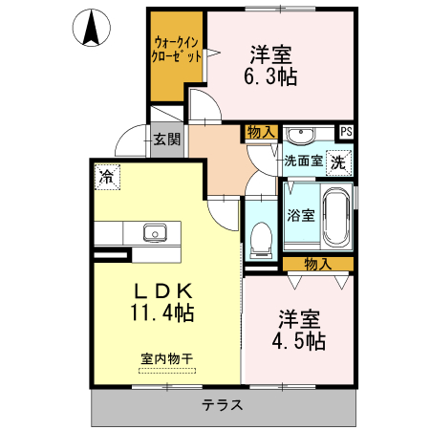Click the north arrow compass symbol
coord(92,28)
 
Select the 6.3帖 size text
coord(271,77)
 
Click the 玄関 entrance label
coord(166,140)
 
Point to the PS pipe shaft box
coord(346,132)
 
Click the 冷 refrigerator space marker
coord(106,175)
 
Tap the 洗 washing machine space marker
coord(338,162)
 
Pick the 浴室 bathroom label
coord(301,215)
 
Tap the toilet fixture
coord(260,238)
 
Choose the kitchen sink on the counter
coord(155,232)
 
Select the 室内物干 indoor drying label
coord(166,359)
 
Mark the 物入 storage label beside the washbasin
coord(260,132)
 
